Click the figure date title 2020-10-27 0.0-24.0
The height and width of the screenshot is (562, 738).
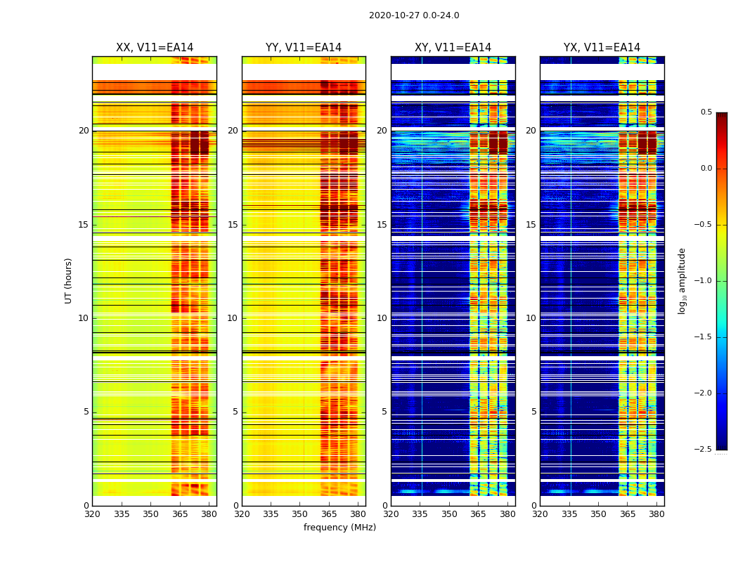[414, 15]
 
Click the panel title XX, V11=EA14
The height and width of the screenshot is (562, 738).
[155, 48]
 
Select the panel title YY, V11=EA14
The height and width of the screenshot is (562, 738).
[304, 48]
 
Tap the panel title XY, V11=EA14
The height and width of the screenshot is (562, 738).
[453, 48]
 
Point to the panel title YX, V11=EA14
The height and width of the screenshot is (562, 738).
[602, 48]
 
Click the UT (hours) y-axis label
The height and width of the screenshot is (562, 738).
[69, 280]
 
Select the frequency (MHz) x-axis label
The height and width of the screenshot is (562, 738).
[339, 528]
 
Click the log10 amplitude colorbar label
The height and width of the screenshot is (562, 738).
[682, 280]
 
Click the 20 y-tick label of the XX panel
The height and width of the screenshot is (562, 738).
[84, 131]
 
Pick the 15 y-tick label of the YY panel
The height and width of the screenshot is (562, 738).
[233, 225]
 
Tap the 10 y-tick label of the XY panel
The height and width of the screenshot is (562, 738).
[382, 318]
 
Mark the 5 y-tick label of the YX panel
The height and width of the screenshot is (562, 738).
[533, 412]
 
